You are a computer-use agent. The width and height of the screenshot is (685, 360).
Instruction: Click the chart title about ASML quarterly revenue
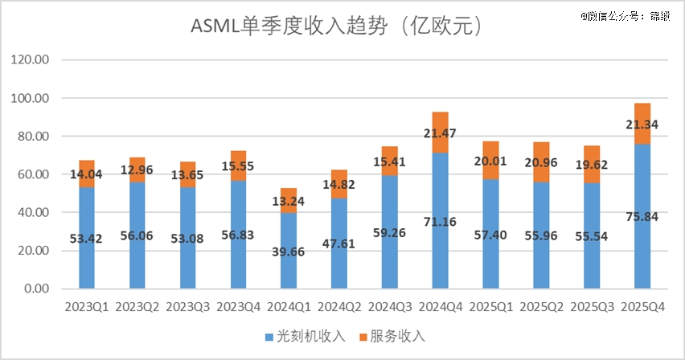pyautogui.click(x=335, y=27)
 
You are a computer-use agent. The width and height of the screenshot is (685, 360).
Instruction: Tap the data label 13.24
pyautogui.click(x=289, y=200)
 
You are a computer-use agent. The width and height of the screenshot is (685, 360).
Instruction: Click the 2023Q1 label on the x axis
pyautogui.click(x=86, y=308)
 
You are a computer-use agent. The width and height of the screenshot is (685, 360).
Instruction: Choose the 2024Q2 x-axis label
pyautogui.click(x=339, y=308)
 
